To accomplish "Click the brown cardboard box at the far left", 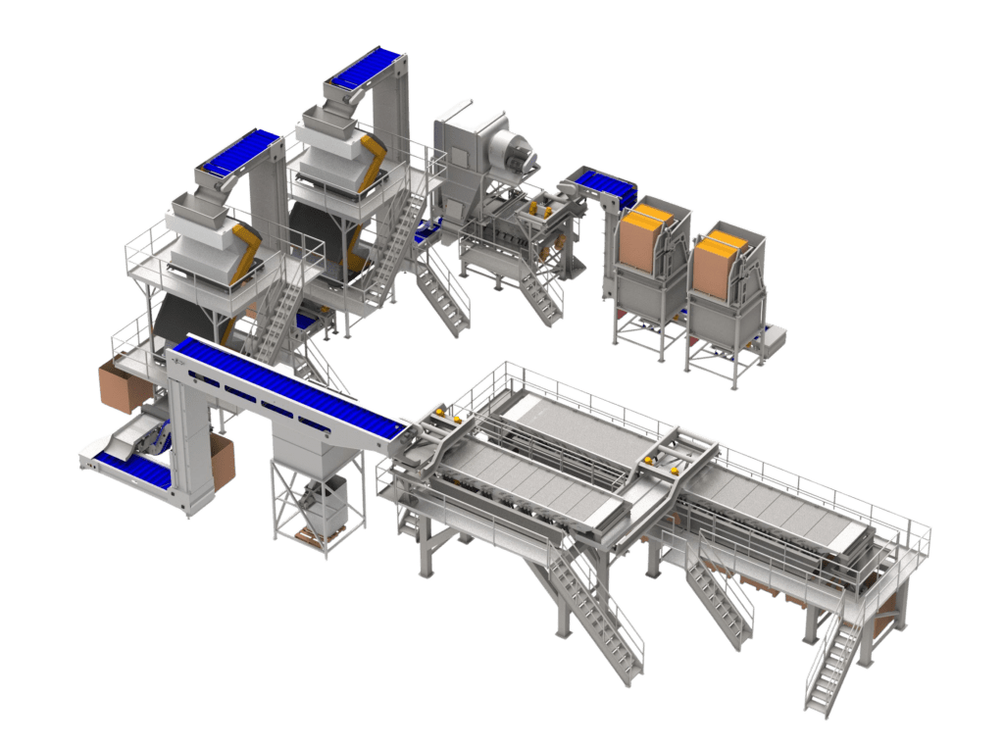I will tap(120, 384).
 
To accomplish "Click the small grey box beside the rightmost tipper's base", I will tap(775, 339).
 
